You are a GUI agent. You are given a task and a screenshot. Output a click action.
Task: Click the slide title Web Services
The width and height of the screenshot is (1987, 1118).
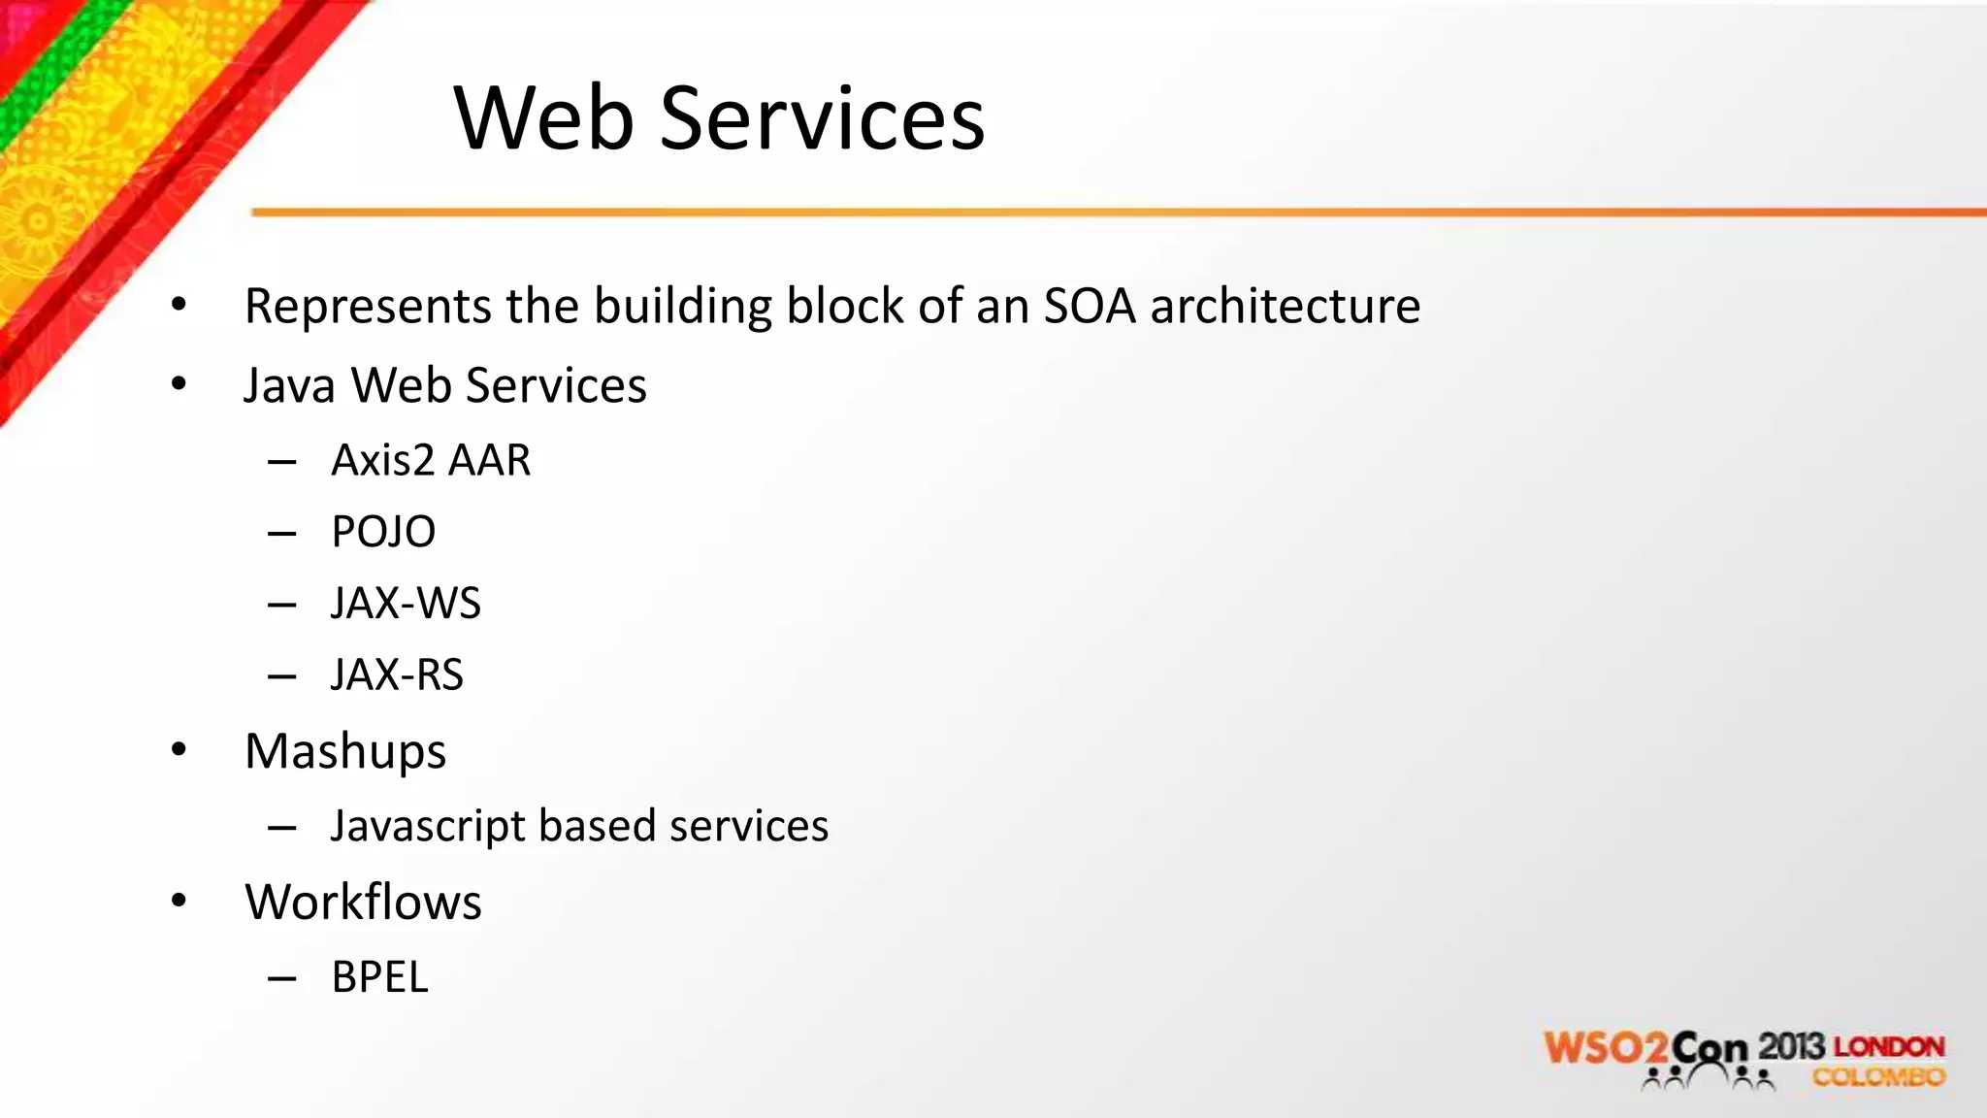(x=719, y=118)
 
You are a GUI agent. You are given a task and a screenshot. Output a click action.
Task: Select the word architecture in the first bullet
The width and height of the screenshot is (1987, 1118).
(x=1286, y=306)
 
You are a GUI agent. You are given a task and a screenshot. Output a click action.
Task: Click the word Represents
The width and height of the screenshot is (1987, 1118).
(x=368, y=307)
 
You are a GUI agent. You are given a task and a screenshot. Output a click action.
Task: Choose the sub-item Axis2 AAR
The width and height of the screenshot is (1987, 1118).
(x=431, y=460)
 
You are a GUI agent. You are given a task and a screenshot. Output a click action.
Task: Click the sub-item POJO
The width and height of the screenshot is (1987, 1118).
(x=383, y=532)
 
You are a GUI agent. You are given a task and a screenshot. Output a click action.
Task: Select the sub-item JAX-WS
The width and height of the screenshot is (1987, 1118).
(x=406, y=604)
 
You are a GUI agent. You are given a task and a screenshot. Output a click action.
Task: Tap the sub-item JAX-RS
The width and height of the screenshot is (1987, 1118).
(x=397, y=675)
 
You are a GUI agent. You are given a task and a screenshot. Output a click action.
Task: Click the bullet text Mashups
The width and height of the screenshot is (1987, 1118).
(x=345, y=752)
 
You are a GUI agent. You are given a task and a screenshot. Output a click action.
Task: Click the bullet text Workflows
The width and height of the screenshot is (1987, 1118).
(x=363, y=903)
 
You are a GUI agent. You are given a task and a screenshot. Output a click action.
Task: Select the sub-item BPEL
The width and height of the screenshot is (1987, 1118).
(x=379, y=977)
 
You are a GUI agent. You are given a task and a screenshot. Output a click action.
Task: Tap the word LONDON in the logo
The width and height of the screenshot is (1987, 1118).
(x=1889, y=1047)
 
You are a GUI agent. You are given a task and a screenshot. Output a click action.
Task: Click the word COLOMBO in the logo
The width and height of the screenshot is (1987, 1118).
(x=1878, y=1077)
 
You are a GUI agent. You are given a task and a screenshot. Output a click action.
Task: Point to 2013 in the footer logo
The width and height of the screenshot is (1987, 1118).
(x=1791, y=1046)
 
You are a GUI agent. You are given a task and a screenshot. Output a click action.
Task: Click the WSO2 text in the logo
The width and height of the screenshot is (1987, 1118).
(x=1607, y=1049)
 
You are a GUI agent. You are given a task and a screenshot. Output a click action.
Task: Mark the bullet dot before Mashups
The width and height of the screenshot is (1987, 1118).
(x=179, y=750)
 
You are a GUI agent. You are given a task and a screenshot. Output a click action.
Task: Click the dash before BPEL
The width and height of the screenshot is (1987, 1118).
(x=281, y=979)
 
